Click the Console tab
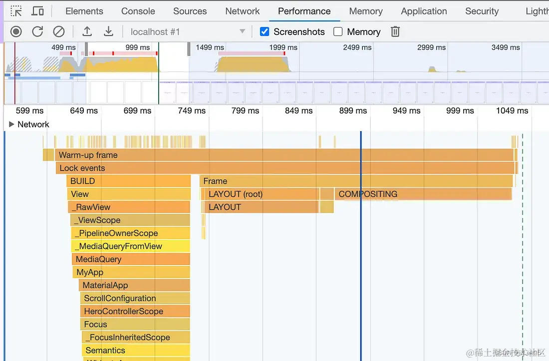[138, 11]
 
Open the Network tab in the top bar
[243, 11]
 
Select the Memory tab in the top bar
[366, 11]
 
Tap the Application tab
[424, 11]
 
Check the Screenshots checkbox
[265, 31]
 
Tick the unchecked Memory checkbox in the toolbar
[338, 31]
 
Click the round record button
[16, 31]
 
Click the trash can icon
[395, 31]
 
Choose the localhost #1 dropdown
[188, 31]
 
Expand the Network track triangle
[11, 124]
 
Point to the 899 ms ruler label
[353, 110]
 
